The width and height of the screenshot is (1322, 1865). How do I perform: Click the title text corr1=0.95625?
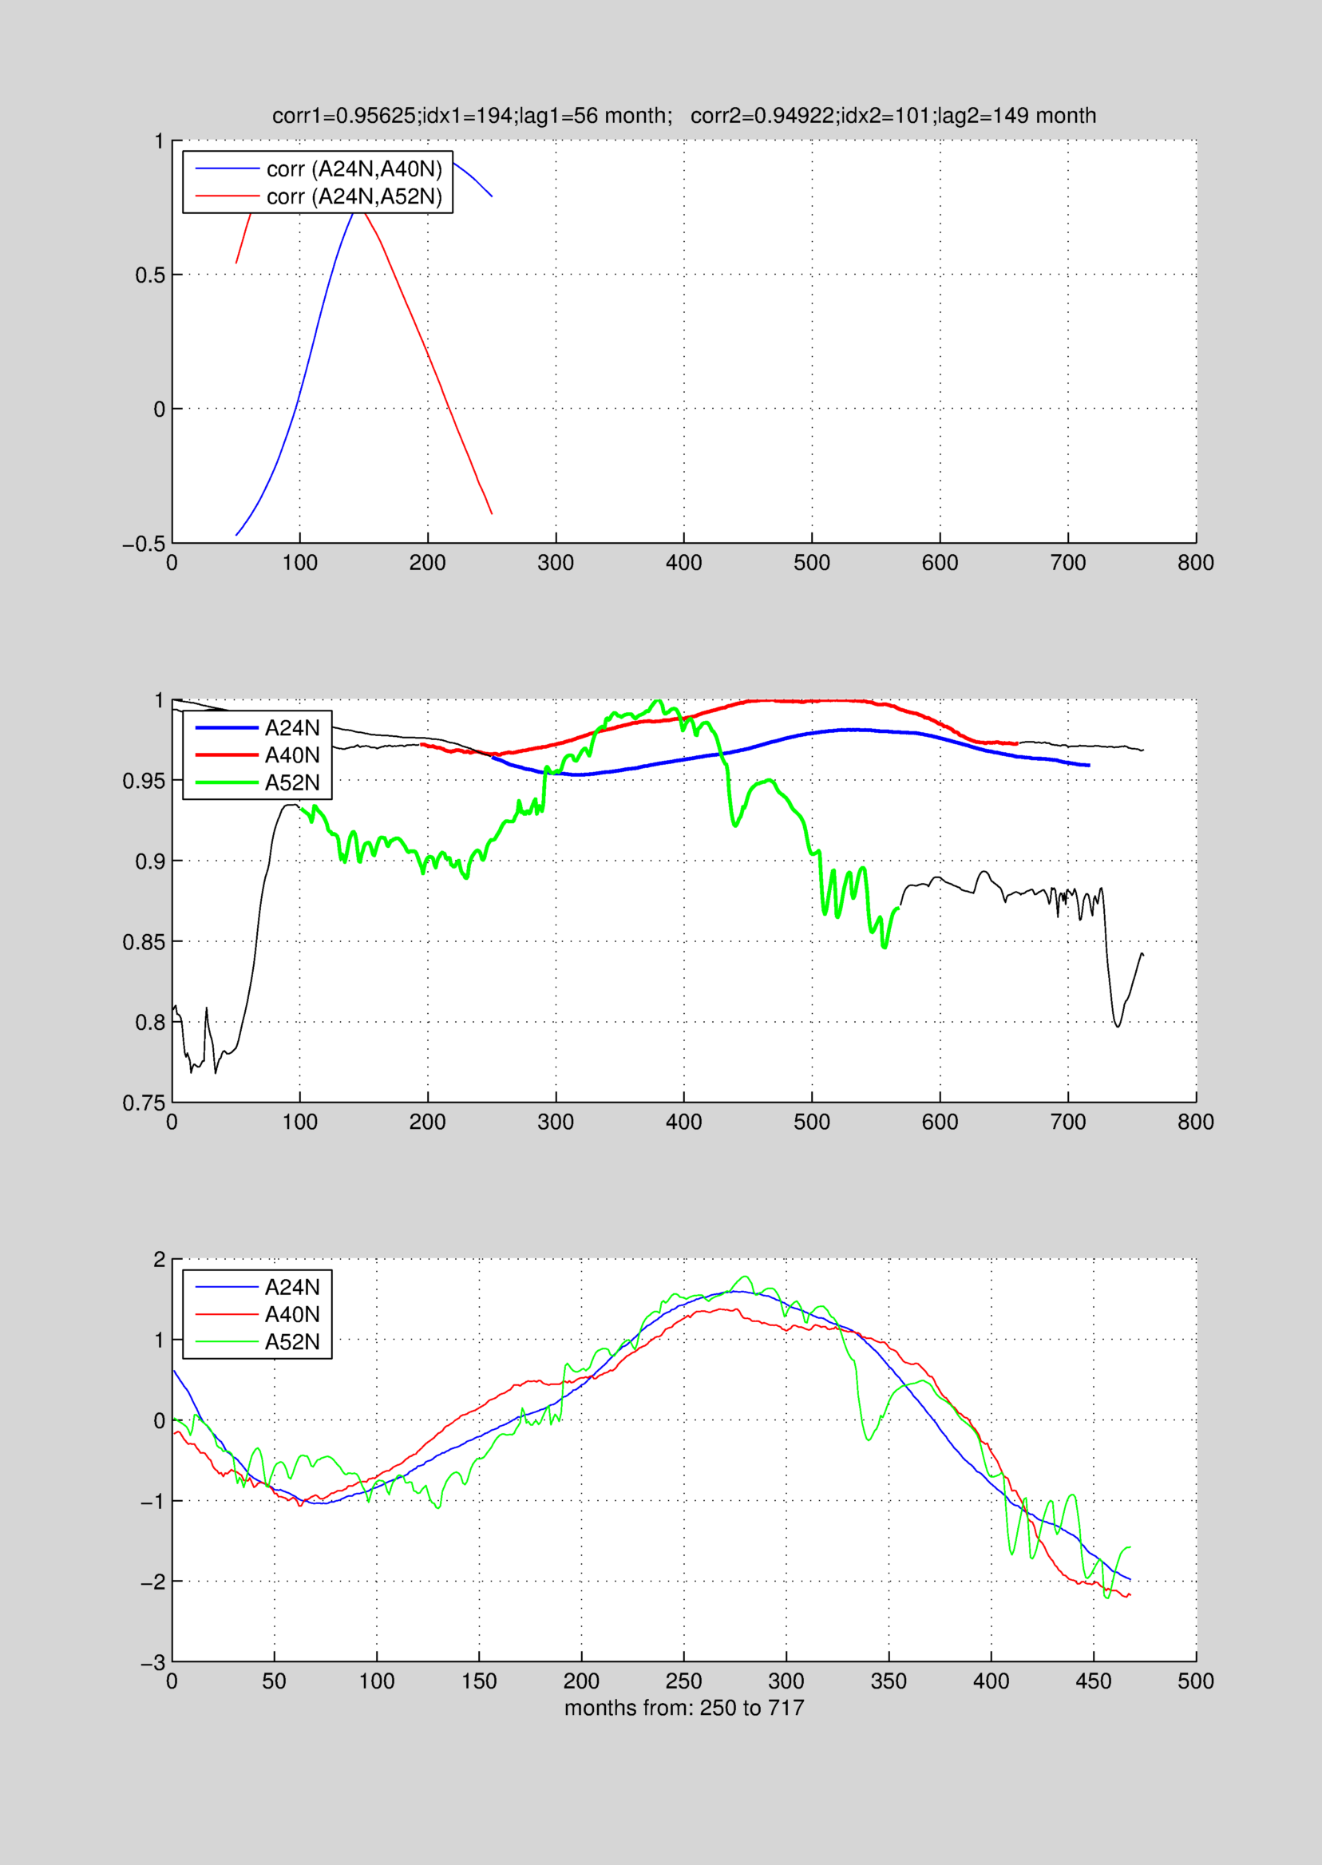[344, 116]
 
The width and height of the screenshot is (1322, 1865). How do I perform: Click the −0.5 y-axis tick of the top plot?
[143, 544]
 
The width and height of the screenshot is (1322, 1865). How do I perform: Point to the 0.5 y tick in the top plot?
[150, 275]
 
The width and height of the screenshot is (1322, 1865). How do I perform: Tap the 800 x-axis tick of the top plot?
[1195, 563]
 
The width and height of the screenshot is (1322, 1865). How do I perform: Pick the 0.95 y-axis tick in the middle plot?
[143, 782]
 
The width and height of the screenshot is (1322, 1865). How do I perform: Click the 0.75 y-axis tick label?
[143, 1104]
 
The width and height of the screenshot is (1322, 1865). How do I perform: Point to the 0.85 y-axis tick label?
[143, 943]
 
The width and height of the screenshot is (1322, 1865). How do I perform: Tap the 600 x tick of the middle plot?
[940, 1123]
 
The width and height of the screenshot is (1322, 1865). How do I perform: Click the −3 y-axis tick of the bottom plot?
[153, 1663]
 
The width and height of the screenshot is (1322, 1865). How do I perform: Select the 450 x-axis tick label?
[1092, 1682]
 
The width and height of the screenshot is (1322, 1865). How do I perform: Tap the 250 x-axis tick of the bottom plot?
[683, 1682]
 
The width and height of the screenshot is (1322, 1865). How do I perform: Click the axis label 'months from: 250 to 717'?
[684, 1708]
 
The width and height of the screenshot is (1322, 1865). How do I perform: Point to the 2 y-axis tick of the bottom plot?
[159, 1260]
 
